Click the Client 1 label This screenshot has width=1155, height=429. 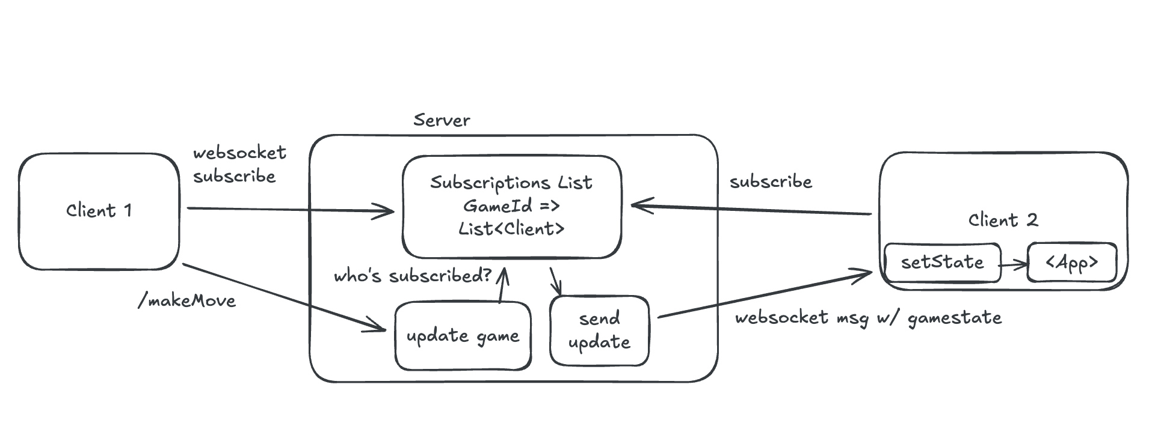pos(99,210)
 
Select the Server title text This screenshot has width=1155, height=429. pos(442,120)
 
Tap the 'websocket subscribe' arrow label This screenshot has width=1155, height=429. pos(239,165)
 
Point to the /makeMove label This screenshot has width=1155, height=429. pos(187,300)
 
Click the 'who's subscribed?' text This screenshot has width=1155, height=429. pos(413,276)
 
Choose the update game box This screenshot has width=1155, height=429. pos(463,336)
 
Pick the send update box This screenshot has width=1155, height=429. pos(599,330)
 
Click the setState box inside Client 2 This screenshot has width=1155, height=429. pos(942,262)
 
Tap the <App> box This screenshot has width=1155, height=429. pos(1072,263)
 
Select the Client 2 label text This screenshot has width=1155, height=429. pos(1003,220)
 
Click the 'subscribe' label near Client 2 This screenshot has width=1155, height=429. pos(771,181)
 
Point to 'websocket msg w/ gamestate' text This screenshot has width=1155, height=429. pos(868,318)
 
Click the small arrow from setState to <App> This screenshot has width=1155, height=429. pos(1014,264)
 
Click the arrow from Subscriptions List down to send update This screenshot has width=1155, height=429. pos(556,281)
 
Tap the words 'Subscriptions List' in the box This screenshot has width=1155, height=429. pos(511,182)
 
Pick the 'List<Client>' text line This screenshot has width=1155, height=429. pos(511,229)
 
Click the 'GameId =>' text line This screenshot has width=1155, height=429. pos(511,205)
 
